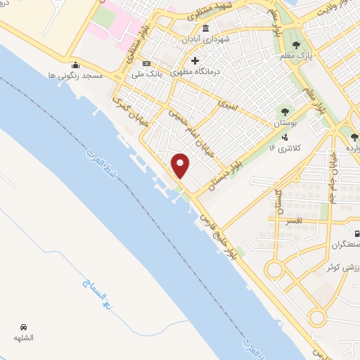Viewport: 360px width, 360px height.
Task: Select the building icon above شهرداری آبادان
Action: click(205, 28)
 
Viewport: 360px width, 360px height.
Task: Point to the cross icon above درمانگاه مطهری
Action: click(195, 61)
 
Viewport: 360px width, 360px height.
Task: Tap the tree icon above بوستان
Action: click(285, 112)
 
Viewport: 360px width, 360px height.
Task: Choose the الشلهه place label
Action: click(24, 337)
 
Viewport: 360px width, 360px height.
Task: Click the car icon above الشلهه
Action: click(24, 327)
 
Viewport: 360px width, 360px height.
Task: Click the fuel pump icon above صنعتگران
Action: click(357, 233)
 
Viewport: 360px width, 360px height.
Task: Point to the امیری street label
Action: click(229, 105)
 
